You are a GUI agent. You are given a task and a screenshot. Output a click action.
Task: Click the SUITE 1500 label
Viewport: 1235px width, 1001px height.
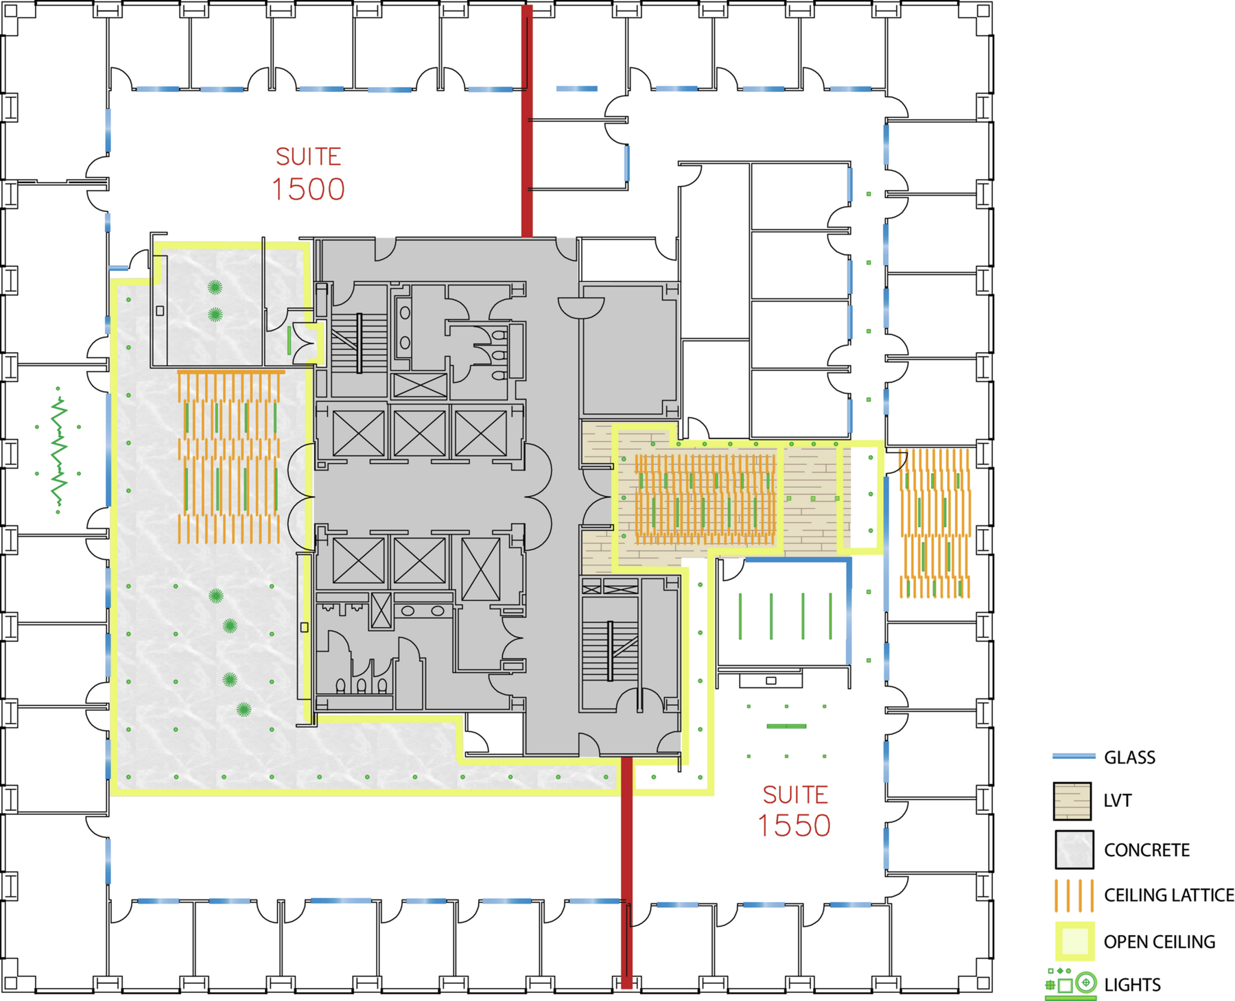coord(309,174)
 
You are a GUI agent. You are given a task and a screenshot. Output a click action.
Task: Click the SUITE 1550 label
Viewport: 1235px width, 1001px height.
coord(795,812)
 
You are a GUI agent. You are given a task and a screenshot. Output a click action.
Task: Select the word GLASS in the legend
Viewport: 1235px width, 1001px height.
coord(1129,757)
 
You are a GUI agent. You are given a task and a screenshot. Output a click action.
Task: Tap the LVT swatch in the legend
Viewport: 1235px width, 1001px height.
coord(1072,801)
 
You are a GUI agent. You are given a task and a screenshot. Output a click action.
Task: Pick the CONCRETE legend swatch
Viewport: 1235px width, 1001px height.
coord(1074,849)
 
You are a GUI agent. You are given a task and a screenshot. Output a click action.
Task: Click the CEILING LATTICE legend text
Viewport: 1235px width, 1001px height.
coord(1168,895)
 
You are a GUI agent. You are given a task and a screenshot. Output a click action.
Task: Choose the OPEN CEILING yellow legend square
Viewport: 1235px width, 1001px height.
coord(1074,941)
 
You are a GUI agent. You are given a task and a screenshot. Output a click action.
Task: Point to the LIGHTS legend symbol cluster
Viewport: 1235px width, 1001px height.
coord(1071,984)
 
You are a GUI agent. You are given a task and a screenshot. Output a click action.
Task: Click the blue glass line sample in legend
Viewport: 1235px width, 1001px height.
coord(1074,756)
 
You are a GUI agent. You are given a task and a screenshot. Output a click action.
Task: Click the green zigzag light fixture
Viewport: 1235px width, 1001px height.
coord(59,451)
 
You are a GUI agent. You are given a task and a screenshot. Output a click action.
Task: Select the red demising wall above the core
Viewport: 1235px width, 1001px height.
coord(527,121)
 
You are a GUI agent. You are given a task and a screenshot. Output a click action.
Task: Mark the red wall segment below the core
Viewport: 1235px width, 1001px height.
coord(626,872)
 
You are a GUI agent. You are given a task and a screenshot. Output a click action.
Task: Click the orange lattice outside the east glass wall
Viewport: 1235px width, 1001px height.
coord(935,523)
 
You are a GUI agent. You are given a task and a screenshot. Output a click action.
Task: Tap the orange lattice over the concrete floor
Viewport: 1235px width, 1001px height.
coord(230,457)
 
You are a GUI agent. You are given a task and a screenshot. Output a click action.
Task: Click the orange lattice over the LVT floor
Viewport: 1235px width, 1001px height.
coord(705,499)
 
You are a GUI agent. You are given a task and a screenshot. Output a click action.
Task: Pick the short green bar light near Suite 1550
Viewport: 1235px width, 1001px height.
coord(786,726)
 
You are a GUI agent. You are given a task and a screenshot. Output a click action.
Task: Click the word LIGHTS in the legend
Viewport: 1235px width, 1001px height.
coord(1132,985)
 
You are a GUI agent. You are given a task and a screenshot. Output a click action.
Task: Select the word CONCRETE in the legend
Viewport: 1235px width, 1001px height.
coord(1146,850)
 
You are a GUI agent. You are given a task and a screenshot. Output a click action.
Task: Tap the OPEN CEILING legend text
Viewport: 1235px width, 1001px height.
coord(1160,941)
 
